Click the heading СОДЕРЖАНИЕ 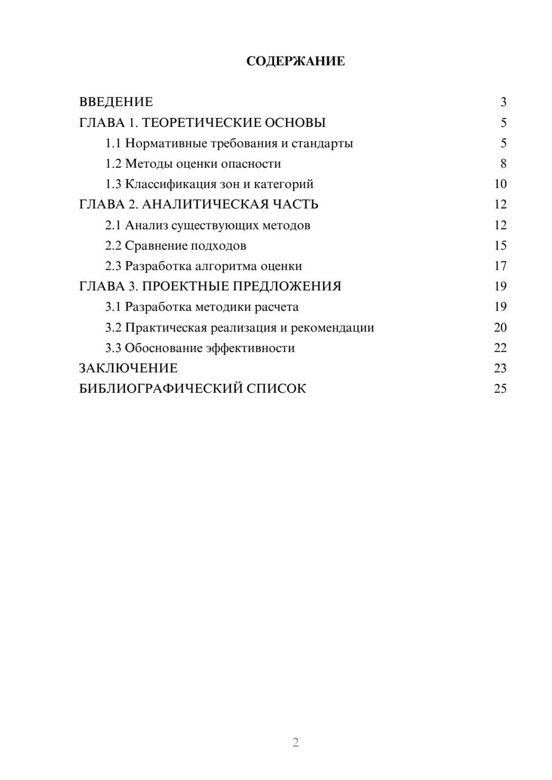tap(295, 61)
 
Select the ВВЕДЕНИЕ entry tap(116, 102)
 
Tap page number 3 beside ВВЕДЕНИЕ tap(503, 102)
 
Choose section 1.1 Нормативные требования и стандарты tap(229, 143)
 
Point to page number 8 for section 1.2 tap(503, 164)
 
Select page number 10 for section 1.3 tap(500, 184)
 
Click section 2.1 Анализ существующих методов tap(208, 225)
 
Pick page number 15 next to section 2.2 tap(500, 245)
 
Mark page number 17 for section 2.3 tap(500, 266)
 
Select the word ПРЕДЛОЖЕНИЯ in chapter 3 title tap(287, 286)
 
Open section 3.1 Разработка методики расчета tap(202, 307)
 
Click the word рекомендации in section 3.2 tap(332, 328)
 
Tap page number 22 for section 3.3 tap(500, 348)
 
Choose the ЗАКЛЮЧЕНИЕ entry tap(128, 368)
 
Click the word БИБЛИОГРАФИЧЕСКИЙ tap(161, 389)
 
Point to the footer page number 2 tap(295, 742)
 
